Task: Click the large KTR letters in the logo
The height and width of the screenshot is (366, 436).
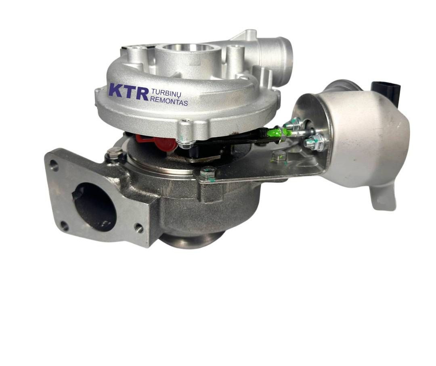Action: tap(128, 91)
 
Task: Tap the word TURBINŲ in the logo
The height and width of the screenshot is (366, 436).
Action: tap(166, 92)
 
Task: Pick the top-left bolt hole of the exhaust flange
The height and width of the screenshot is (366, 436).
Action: tap(54, 166)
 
